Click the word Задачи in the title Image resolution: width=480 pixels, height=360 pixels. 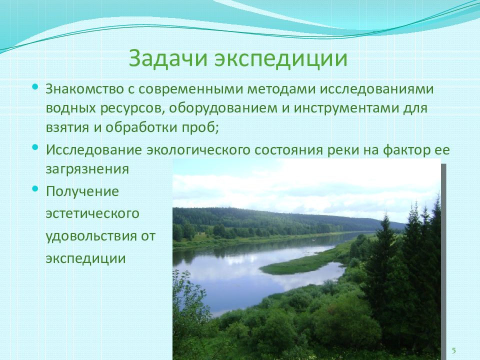(x=168, y=58)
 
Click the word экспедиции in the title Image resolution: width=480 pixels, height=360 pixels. (x=281, y=58)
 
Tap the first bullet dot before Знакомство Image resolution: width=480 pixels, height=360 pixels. (x=34, y=86)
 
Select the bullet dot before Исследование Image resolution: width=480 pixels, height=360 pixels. (x=34, y=147)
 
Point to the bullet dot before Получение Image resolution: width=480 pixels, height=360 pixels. (x=34, y=189)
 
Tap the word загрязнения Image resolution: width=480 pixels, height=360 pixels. (x=87, y=169)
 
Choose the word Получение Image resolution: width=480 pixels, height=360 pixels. (x=82, y=191)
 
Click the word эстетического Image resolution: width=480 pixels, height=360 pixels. (x=92, y=214)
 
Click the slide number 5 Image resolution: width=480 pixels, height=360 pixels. (x=453, y=349)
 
